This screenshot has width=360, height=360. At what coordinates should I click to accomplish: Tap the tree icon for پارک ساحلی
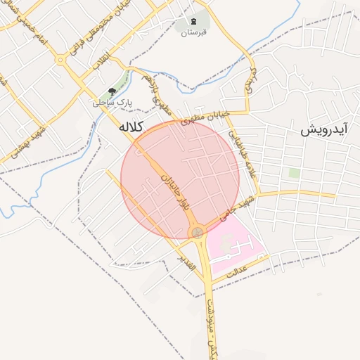(x=111, y=91)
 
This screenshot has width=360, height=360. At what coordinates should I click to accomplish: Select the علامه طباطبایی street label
(x=241, y=152)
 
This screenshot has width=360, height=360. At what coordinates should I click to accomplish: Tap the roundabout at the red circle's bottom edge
(x=197, y=231)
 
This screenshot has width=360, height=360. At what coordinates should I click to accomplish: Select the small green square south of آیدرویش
(x=294, y=173)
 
